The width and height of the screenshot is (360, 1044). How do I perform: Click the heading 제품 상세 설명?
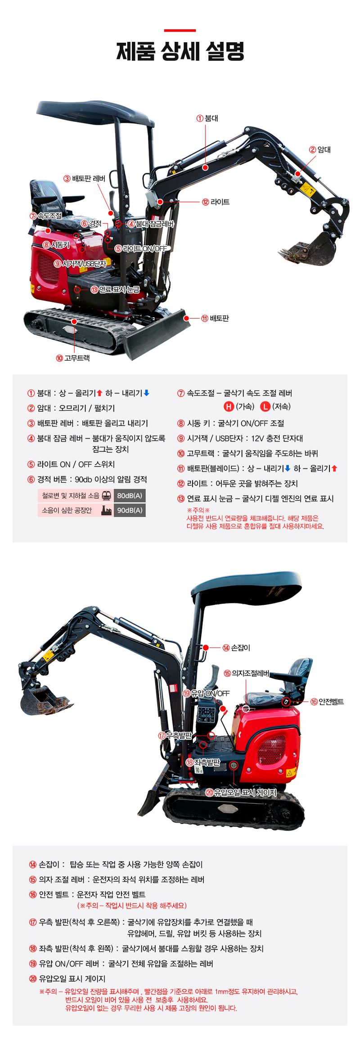tap(180, 51)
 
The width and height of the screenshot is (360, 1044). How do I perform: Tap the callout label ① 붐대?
tap(207, 118)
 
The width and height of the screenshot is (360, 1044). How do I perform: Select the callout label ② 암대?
tap(320, 149)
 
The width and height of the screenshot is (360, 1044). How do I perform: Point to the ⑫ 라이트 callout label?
tap(216, 202)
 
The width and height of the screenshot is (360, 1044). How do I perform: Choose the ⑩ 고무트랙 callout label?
tap(73, 358)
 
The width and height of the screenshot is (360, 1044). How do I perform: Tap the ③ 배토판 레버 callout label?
tap(85, 179)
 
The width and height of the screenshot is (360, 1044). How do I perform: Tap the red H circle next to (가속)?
tap(229, 407)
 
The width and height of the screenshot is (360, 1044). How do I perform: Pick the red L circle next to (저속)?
tap(265, 407)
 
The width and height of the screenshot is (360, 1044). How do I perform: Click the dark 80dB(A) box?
tap(130, 496)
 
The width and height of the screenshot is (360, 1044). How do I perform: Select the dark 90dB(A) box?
tap(130, 510)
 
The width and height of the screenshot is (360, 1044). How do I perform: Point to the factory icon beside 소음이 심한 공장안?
tap(106, 510)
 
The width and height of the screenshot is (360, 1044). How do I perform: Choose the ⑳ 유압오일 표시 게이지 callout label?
tap(241, 792)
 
